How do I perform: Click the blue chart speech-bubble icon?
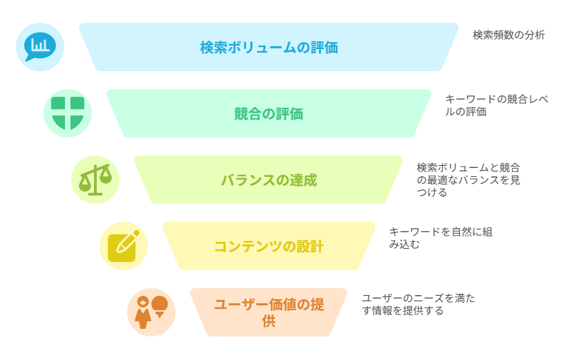point(40,47)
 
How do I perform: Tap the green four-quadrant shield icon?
point(68,113)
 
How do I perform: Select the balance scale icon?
point(95,180)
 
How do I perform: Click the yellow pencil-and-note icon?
point(124,246)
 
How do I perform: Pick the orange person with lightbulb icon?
point(151,312)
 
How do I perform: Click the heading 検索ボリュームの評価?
point(269,48)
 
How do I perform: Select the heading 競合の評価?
point(269,114)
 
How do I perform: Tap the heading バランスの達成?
point(269,180)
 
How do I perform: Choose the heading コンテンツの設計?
point(269,246)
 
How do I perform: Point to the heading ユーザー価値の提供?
point(269,312)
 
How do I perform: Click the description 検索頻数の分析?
point(509,35)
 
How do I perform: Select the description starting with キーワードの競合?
point(497,105)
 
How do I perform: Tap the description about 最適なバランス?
point(468,180)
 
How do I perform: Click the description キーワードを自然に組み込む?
point(441,238)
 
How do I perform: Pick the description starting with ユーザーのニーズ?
point(419,304)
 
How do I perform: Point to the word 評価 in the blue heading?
point(324,48)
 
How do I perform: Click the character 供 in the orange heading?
point(269,321)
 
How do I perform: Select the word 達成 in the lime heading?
point(303,180)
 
